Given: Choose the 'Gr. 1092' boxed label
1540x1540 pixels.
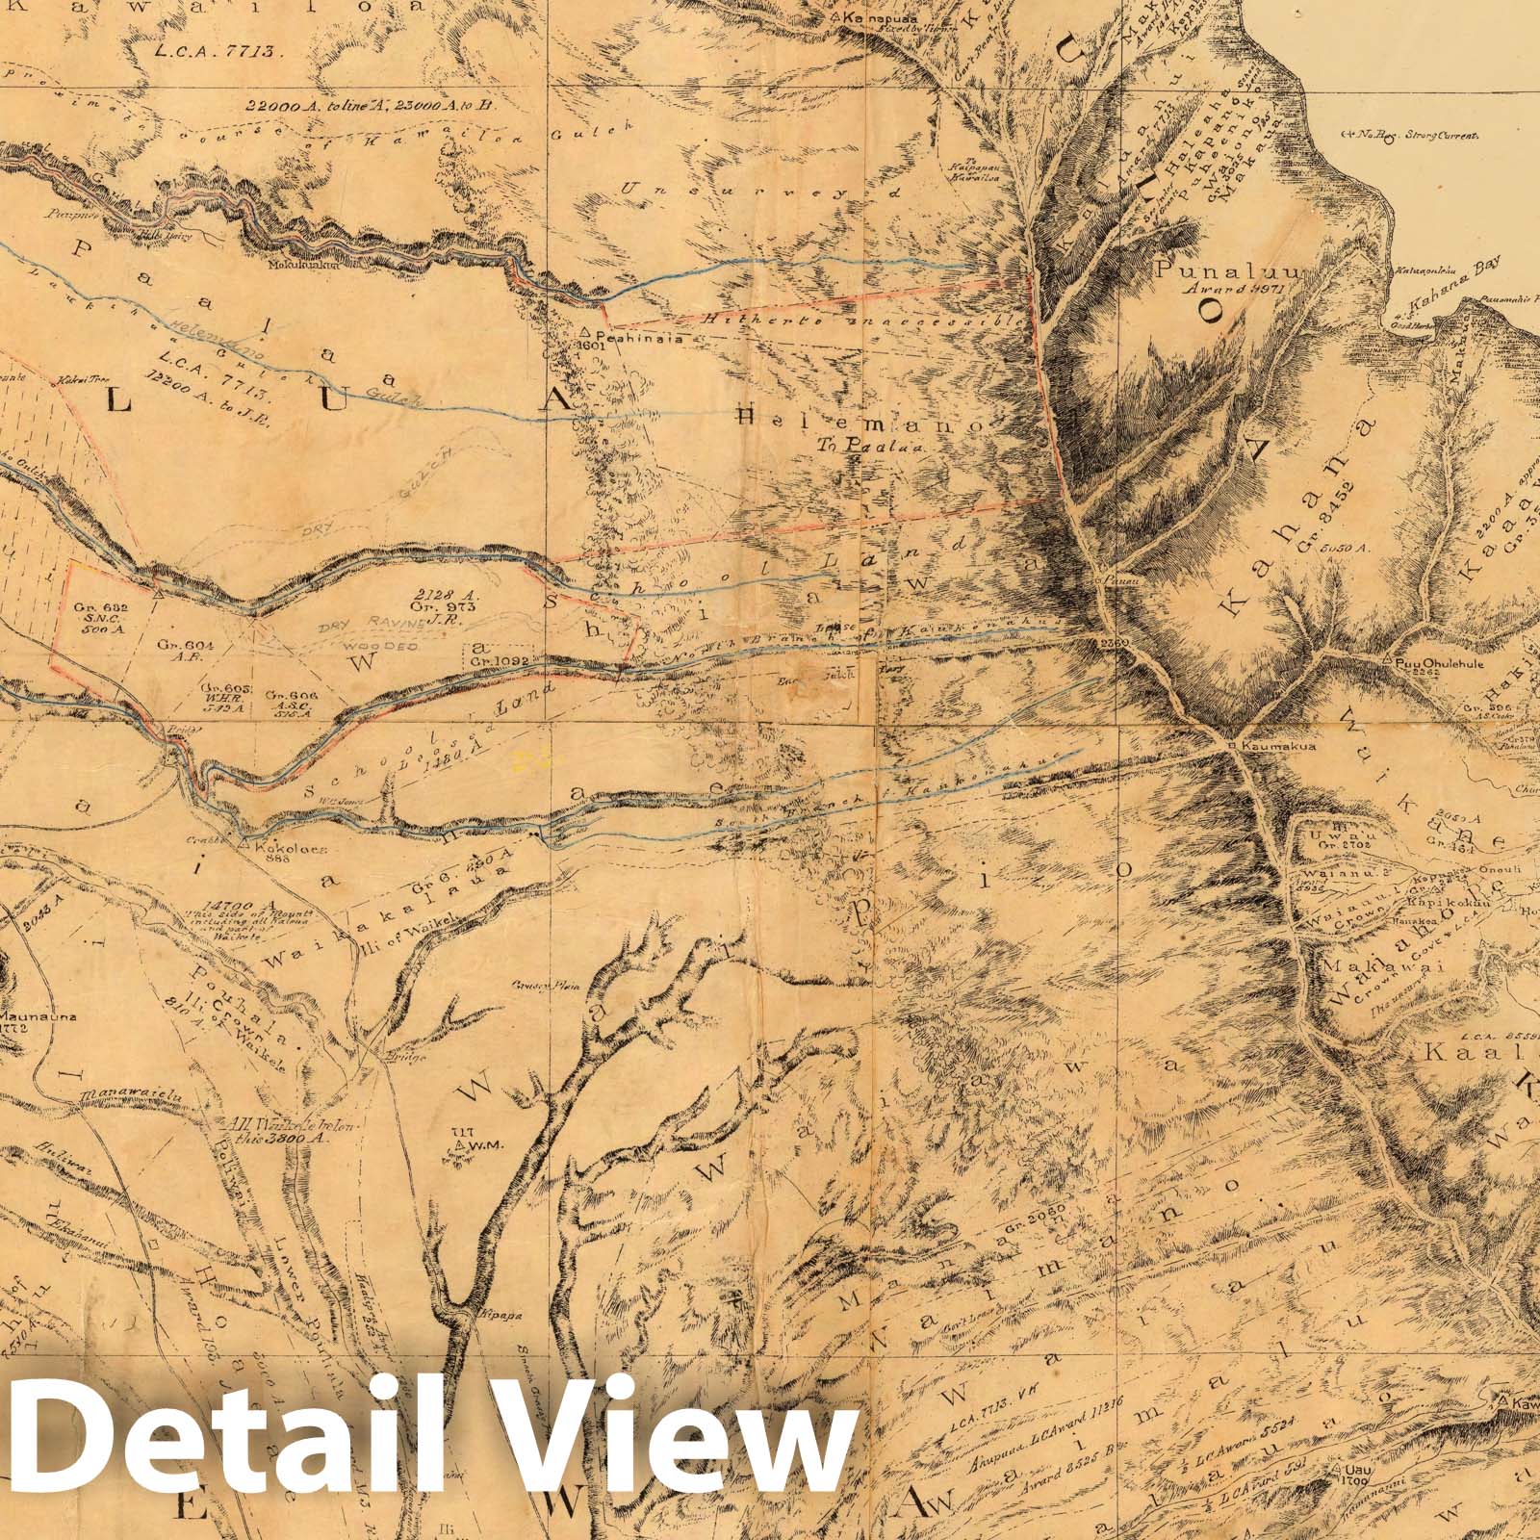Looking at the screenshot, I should tap(496, 661).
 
